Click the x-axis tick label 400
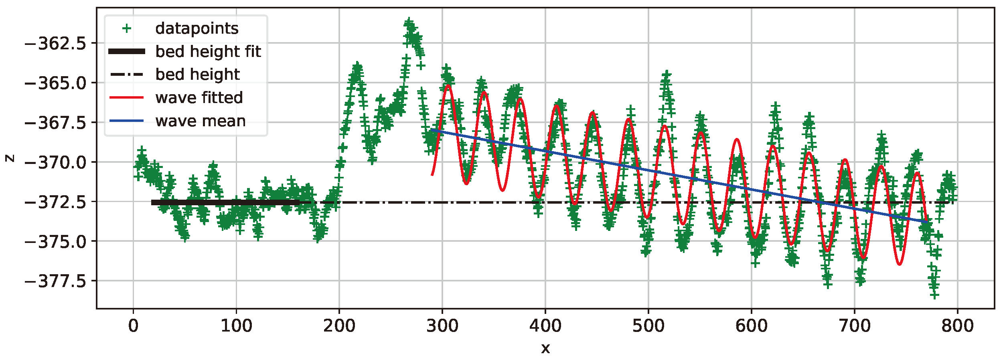(545, 326)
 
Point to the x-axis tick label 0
(133, 326)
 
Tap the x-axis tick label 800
(957, 326)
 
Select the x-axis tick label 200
(339, 326)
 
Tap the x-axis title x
(545, 348)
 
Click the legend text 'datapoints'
(197, 28)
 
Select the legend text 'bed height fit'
(208, 52)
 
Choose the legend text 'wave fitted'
(199, 98)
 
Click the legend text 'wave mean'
(200, 121)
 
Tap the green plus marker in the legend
(127, 28)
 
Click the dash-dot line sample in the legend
(127, 75)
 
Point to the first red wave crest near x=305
(448, 85)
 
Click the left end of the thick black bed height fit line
(152, 202)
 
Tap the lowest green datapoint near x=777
(934, 295)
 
